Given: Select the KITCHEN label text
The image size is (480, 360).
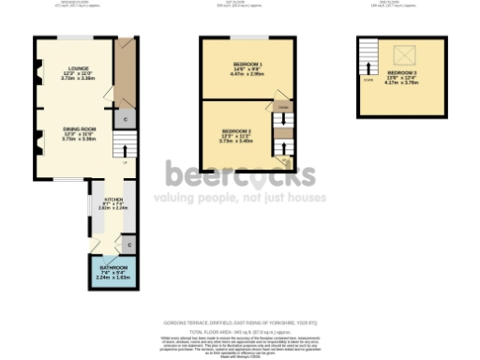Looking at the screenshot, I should (112, 200).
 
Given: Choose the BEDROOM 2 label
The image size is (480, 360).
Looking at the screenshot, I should (236, 131).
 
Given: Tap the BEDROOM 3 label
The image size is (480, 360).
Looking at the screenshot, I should (401, 72).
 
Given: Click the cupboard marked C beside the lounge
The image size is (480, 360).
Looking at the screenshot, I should (125, 119).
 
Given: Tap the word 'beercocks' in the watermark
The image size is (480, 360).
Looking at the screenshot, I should (240, 175).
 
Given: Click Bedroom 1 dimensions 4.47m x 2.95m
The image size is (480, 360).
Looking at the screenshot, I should (247, 73).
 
